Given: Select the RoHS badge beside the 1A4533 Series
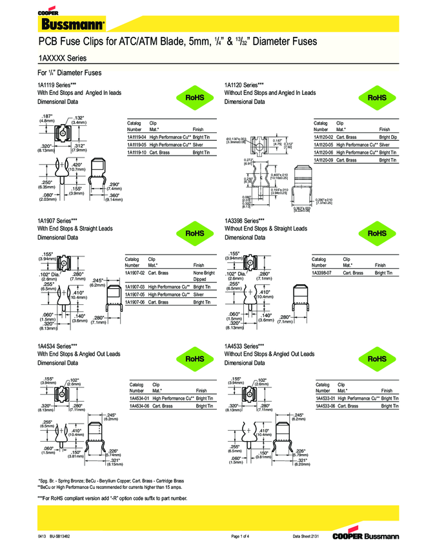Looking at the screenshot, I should pos(378,358).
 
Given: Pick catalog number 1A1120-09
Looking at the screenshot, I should pos(323,160).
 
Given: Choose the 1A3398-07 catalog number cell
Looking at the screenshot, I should pos(321,273).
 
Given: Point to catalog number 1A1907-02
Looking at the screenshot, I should pos(135,273).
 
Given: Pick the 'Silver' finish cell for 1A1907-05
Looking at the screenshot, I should pos(199,294).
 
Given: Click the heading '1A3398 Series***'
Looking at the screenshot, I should pos(244,220).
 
